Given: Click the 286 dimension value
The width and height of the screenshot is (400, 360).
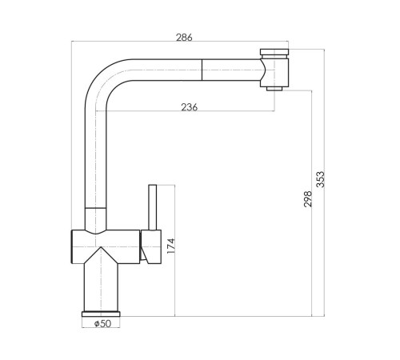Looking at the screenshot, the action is click(x=184, y=38).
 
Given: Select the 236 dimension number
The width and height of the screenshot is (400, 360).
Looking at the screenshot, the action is click(x=190, y=107).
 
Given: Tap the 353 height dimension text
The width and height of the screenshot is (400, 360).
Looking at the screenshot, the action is click(x=321, y=179).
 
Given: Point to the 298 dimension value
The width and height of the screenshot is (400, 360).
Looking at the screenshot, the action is click(x=307, y=199).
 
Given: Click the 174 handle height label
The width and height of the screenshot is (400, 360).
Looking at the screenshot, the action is click(x=170, y=246).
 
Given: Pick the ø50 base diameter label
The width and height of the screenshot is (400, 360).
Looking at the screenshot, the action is click(x=102, y=323).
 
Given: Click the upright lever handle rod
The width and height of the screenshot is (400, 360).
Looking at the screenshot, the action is click(x=153, y=207).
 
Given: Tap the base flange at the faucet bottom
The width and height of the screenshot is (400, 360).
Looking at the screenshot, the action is click(x=101, y=314).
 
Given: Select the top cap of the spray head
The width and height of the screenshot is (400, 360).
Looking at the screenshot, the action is click(x=274, y=52).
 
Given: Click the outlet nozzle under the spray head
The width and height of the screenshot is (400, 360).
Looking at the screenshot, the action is click(x=274, y=89).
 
